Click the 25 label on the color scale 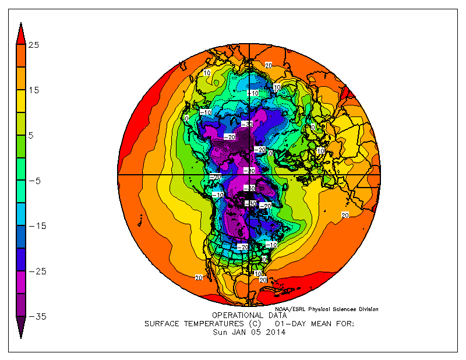34,45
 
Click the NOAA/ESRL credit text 326,309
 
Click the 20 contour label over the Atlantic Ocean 345,216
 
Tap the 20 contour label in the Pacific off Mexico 199,278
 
